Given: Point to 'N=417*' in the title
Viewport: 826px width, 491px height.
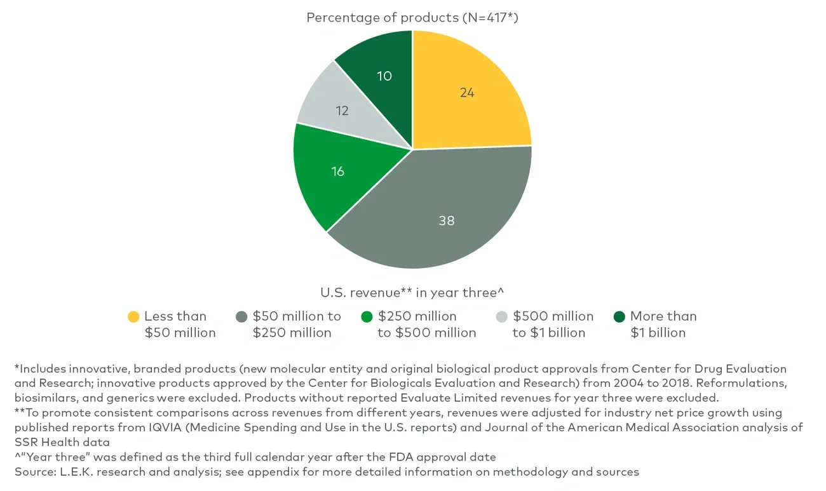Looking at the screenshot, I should point(491,17).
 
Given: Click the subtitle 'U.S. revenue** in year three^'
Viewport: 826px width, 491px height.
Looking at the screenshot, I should point(412,292).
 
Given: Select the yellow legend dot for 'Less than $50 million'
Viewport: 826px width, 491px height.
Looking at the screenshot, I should point(133,316).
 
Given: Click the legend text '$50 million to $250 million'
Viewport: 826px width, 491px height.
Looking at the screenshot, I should point(297,324).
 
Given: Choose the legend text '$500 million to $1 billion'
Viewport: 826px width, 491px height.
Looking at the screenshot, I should point(553,324).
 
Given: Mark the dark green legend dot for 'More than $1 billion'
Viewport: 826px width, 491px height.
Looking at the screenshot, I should point(619,316).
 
